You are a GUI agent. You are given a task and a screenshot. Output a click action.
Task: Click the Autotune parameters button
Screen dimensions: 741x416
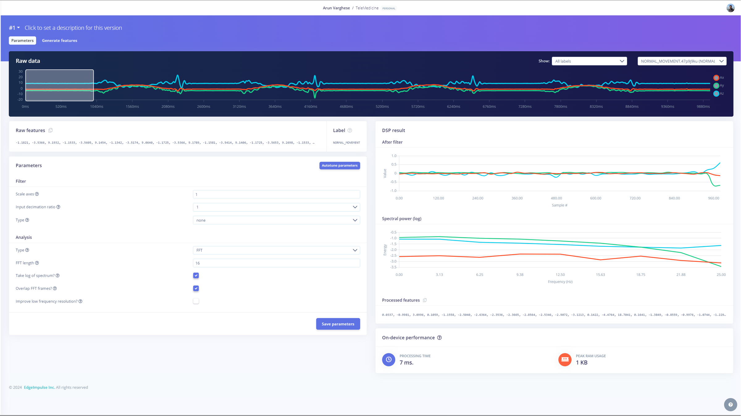click(x=339, y=165)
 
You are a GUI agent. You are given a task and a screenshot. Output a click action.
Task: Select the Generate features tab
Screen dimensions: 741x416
click(x=60, y=40)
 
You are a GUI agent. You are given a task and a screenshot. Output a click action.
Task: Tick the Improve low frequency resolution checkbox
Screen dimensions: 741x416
click(x=196, y=301)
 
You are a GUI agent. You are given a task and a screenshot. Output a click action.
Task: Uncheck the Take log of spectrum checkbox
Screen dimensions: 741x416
click(x=196, y=275)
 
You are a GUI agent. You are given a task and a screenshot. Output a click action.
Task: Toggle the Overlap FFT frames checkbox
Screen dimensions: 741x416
click(x=196, y=288)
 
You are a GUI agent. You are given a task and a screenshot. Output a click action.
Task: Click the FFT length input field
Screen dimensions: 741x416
click(x=276, y=263)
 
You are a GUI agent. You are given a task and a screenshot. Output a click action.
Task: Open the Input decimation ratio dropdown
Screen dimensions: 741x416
click(x=276, y=207)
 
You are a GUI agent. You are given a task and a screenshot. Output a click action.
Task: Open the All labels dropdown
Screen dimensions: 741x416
click(x=589, y=61)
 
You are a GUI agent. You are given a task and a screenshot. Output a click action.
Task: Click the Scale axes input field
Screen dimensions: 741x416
click(x=276, y=194)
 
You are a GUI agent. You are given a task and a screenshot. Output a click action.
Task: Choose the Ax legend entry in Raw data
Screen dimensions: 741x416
click(x=718, y=77)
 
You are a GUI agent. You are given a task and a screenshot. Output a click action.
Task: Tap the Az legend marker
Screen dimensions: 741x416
click(x=716, y=94)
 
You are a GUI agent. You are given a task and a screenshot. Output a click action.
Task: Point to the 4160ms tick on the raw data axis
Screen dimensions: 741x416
click(x=311, y=106)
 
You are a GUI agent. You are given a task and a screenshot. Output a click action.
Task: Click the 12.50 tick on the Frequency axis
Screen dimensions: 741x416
click(x=560, y=275)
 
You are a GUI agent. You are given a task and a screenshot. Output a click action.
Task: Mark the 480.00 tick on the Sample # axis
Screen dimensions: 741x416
click(x=556, y=198)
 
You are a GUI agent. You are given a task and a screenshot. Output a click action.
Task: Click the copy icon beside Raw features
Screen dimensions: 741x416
click(x=51, y=130)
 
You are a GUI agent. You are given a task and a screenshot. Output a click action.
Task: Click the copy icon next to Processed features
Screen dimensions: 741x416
click(x=425, y=300)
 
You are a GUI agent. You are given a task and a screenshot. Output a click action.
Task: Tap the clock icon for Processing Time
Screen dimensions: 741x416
click(x=389, y=360)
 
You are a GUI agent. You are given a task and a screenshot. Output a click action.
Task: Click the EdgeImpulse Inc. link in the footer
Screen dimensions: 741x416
click(x=39, y=387)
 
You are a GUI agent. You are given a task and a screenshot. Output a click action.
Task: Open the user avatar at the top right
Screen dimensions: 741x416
click(x=730, y=8)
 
